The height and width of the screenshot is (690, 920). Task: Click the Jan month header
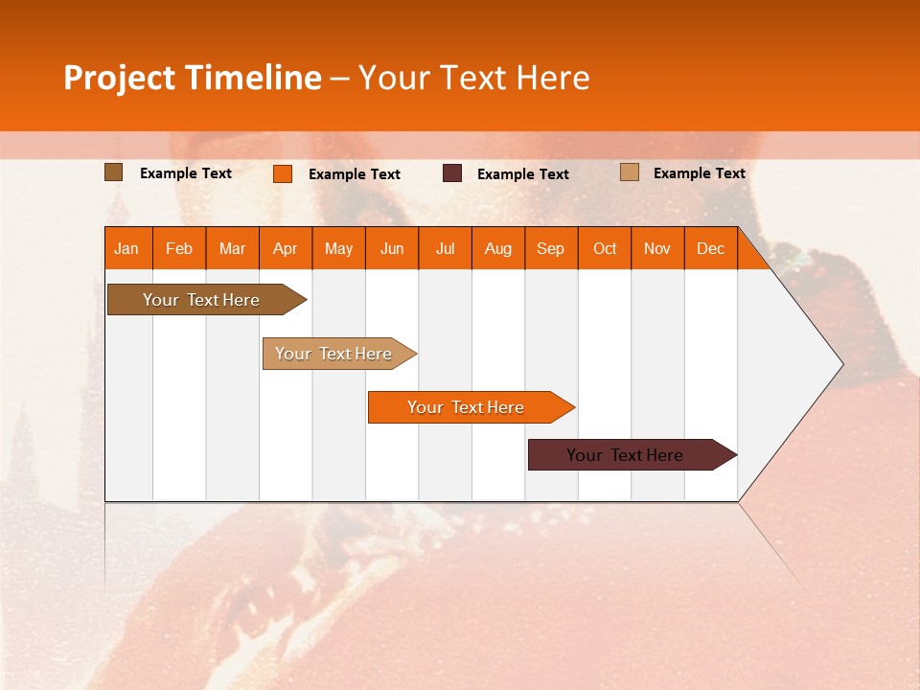(x=127, y=248)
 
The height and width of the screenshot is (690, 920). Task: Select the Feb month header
(x=179, y=248)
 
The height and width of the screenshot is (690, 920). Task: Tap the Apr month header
(x=286, y=248)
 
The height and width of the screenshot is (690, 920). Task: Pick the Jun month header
(x=392, y=248)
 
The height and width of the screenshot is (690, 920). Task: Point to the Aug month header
(x=498, y=248)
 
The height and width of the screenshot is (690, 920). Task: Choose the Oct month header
(x=605, y=248)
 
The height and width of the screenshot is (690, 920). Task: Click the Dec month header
(x=710, y=248)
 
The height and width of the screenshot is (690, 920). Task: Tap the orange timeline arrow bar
(x=467, y=407)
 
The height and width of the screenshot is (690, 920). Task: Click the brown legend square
(x=113, y=172)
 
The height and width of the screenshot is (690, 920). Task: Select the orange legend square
(x=283, y=173)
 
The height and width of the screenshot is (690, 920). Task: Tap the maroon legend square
(x=452, y=173)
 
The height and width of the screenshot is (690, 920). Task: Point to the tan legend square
(x=630, y=172)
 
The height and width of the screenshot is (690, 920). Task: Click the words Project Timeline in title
(x=192, y=78)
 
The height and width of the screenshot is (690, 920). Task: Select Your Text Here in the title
(x=473, y=78)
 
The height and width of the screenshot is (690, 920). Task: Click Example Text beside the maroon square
(x=522, y=174)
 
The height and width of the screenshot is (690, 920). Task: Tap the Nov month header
(x=657, y=248)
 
